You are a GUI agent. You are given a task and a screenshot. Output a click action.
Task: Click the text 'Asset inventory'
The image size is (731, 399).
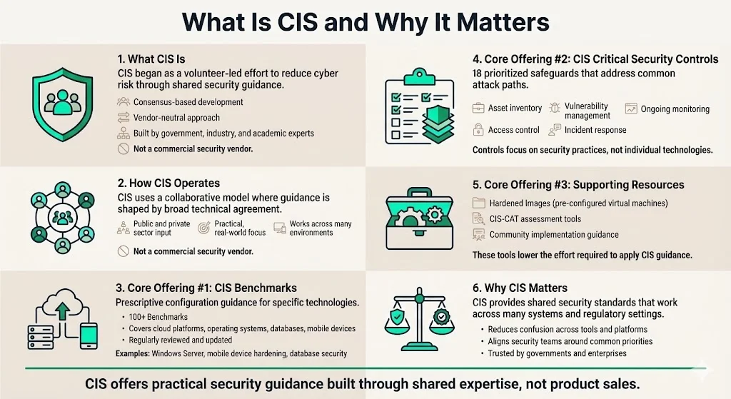click(515, 108)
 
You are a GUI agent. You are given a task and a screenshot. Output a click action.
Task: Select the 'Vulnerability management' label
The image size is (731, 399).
click(587, 111)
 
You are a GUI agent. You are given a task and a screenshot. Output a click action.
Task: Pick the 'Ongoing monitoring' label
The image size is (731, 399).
click(675, 109)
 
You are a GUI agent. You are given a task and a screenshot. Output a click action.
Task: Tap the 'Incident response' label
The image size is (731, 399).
click(595, 130)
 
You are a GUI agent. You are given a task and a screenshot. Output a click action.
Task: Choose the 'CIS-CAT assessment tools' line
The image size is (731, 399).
click(535, 219)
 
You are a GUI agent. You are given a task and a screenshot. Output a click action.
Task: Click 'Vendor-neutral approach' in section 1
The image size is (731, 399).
click(176, 117)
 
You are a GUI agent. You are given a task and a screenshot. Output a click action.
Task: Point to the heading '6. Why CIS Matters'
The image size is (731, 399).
click(520, 288)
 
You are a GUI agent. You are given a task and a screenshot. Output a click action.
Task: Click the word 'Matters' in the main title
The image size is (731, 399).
click(491, 21)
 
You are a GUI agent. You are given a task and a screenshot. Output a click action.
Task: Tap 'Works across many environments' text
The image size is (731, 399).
click(321, 228)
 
